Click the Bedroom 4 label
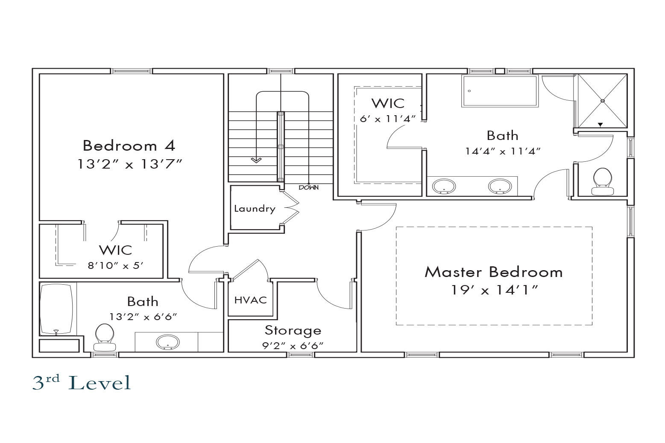click(129, 146)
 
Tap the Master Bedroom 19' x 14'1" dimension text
click(494, 290)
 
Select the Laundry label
click(255, 209)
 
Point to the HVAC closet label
click(251, 300)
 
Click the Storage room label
click(293, 330)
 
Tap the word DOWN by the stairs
click(308, 187)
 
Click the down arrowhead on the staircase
click(256, 160)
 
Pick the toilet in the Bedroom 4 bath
click(105, 337)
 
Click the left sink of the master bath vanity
click(444, 187)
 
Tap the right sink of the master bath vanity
click(500, 186)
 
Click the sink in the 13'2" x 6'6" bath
click(168, 342)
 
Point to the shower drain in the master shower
click(603, 101)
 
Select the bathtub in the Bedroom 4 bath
click(56, 309)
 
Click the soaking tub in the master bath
click(500, 91)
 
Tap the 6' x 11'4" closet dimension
click(388, 119)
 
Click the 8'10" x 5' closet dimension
click(115, 265)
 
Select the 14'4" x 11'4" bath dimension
click(503, 152)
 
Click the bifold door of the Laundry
click(291, 207)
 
